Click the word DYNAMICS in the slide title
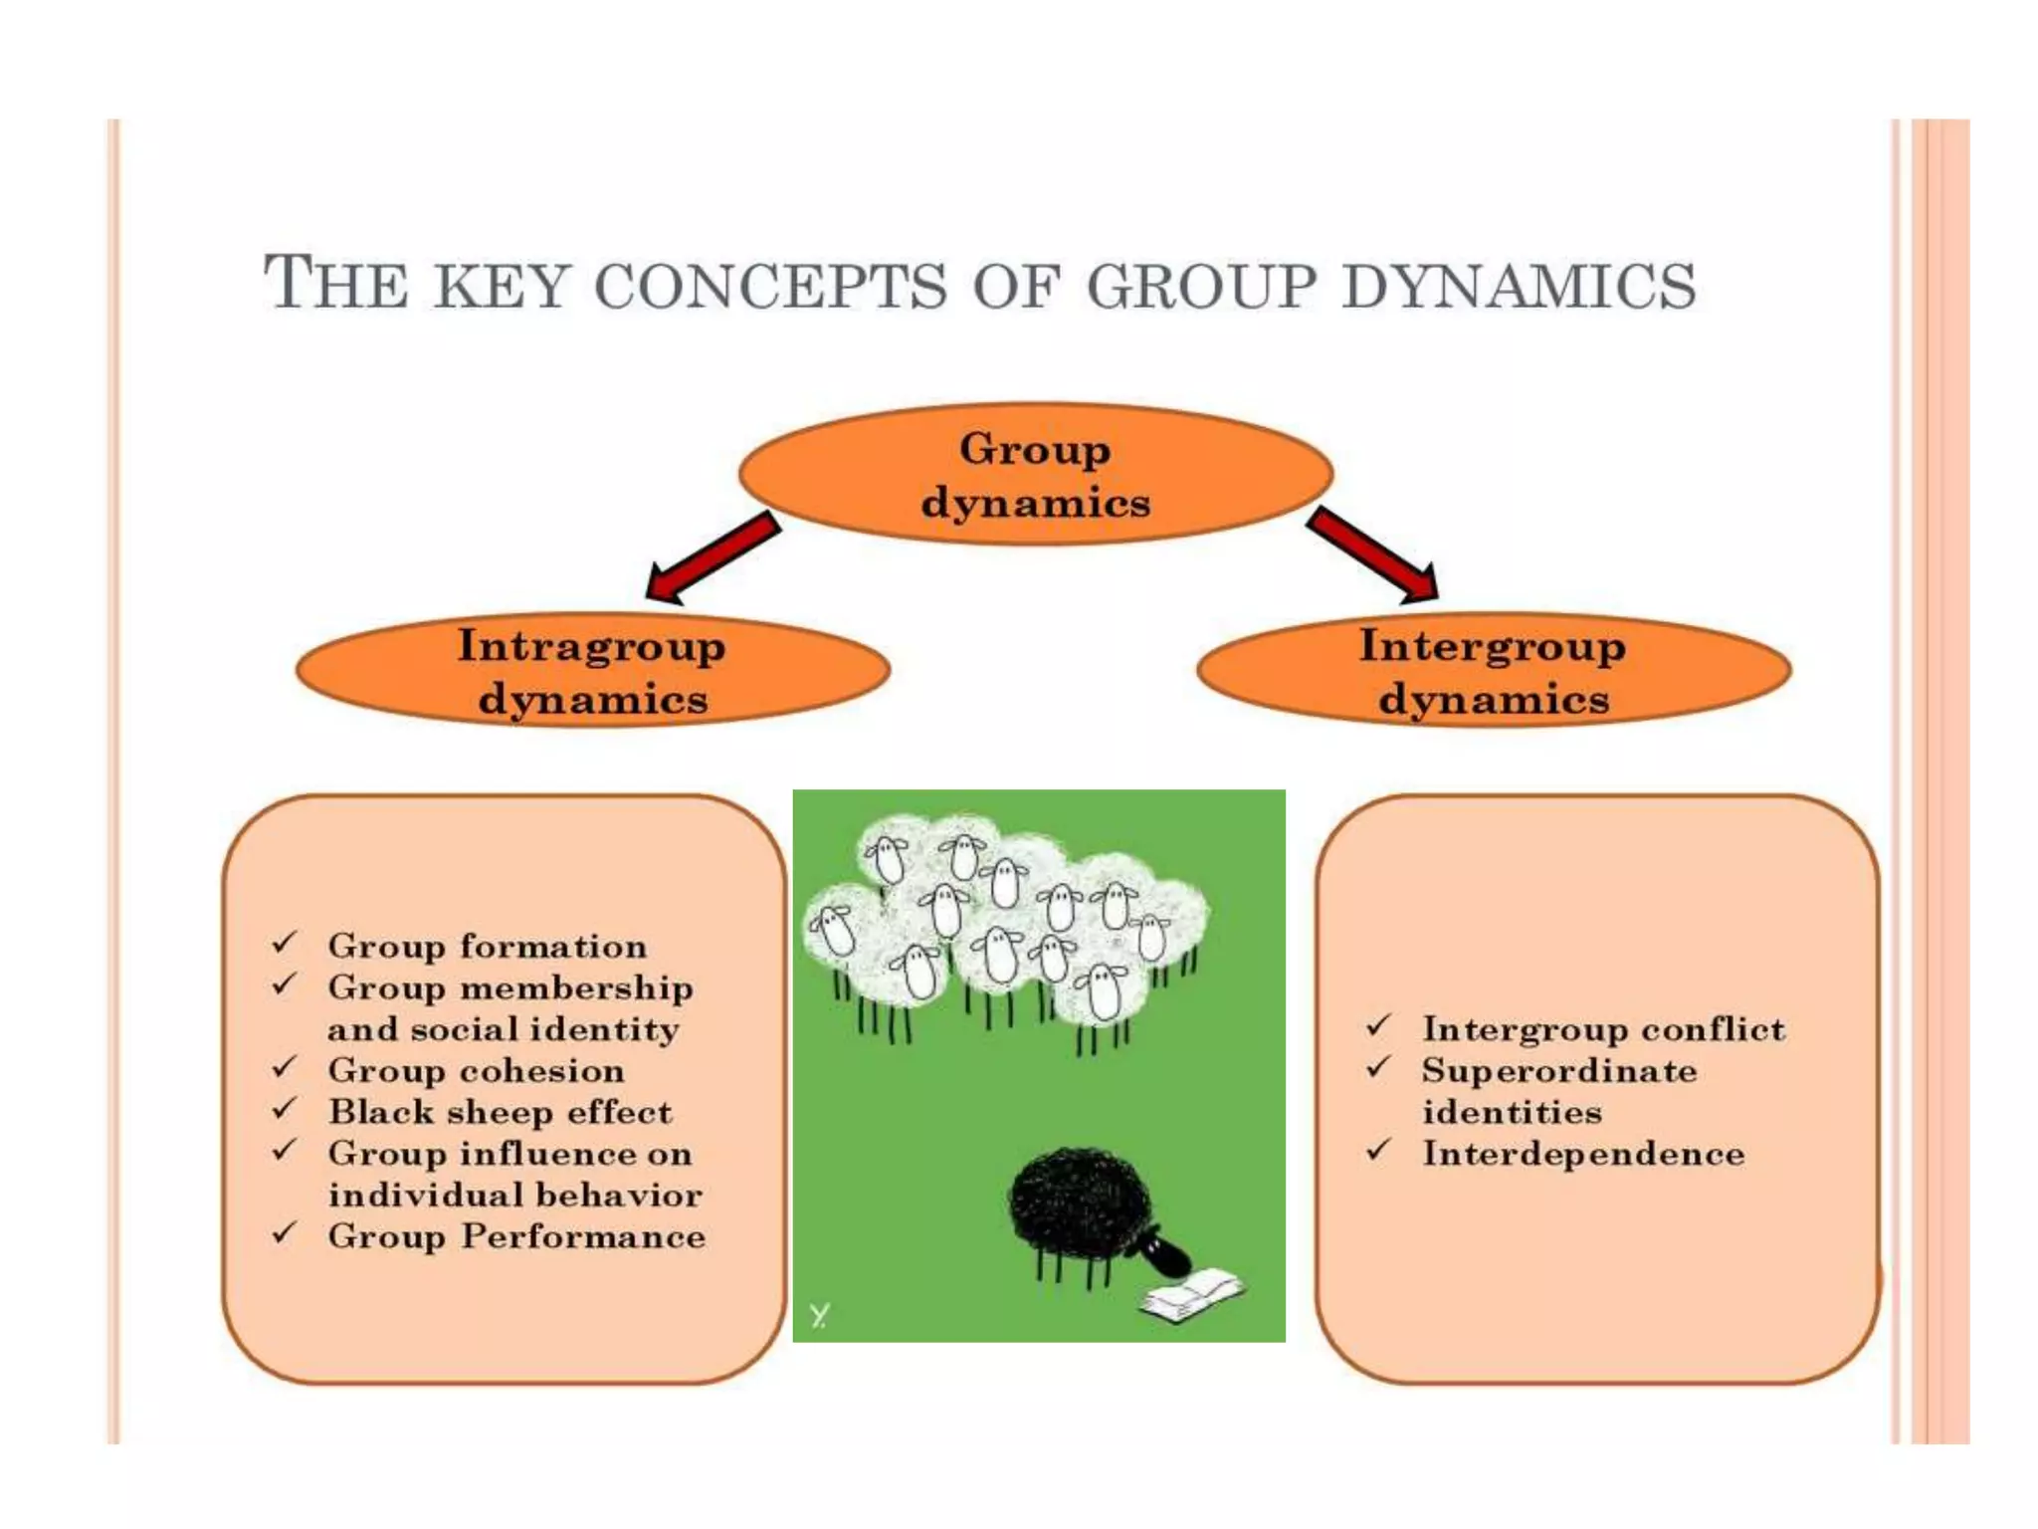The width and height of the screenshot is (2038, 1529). tap(1519, 285)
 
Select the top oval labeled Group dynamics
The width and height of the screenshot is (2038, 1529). tap(1035, 474)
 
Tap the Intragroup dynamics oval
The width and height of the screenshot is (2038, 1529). tap(592, 671)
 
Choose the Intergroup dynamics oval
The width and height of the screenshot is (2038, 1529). tap(1494, 671)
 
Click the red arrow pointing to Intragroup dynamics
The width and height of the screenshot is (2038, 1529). tap(711, 559)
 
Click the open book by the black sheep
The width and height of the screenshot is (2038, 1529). tap(1192, 1295)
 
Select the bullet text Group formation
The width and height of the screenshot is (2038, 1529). tap(487, 946)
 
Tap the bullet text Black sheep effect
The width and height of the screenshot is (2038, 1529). tap(500, 1112)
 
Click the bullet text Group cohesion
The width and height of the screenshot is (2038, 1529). tap(476, 1070)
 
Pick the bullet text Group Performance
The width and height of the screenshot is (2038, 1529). tap(516, 1236)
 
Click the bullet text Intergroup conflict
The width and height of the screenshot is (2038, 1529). tap(1602, 1029)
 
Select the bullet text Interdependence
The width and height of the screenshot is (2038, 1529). tap(1582, 1154)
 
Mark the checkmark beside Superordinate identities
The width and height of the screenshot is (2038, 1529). tap(1377, 1068)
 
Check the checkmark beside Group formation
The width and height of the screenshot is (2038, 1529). tap(285, 942)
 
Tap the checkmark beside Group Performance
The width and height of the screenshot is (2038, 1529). tap(285, 1232)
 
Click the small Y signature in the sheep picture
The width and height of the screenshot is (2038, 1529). tap(819, 1316)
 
